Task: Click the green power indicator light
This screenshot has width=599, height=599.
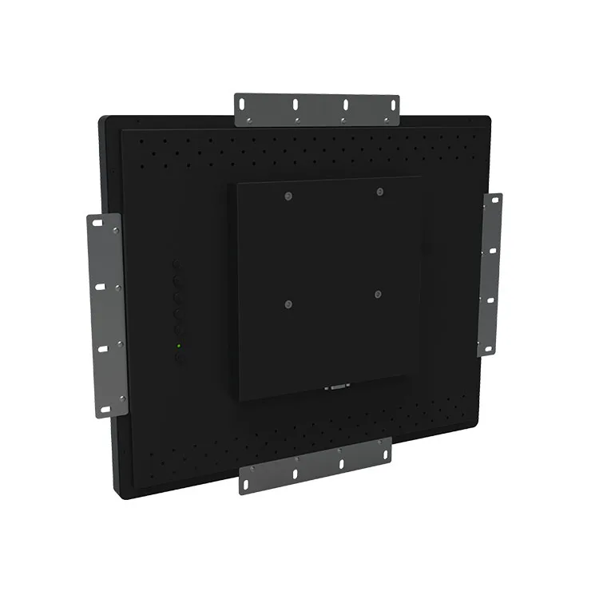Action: [x=178, y=346]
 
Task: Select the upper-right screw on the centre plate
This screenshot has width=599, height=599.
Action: [x=380, y=191]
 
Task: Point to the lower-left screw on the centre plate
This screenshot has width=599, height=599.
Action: [x=288, y=303]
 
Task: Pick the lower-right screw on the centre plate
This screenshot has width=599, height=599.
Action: [x=378, y=295]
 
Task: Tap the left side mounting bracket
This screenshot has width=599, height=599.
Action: [x=108, y=315]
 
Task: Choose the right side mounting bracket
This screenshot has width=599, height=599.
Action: [x=490, y=273]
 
